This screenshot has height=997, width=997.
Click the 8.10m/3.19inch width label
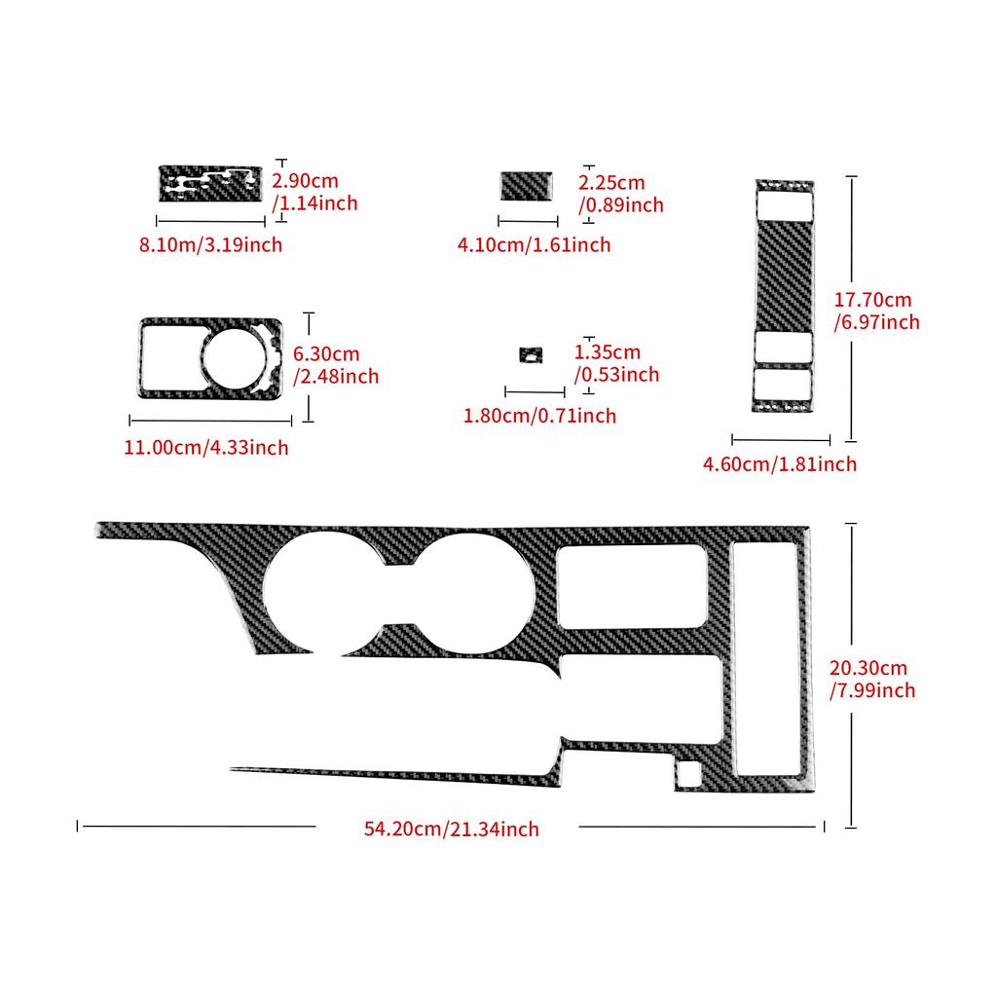tap(210, 244)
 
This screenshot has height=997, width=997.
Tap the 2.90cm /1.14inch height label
tap(314, 192)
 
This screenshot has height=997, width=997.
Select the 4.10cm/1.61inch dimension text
tap(535, 244)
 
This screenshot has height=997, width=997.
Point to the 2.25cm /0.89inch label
tap(620, 194)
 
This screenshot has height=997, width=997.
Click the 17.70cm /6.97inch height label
tap(877, 311)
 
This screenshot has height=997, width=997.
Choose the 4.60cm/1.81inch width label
tap(780, 464)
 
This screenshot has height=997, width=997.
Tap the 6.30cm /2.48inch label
tap(336, 365)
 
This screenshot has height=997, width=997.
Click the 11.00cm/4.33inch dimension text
tap(206, 448)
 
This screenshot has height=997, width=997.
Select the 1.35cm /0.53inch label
tap(616, 363)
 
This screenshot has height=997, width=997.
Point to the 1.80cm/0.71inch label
tap(539, 416)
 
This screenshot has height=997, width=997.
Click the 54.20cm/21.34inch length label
tap(452, 830)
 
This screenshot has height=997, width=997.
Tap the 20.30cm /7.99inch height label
tap(872, 679)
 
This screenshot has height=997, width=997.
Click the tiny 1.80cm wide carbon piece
tap(531, 354)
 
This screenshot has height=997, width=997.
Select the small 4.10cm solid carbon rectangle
tap(527, 186)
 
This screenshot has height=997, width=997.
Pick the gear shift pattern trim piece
tap(210, 184)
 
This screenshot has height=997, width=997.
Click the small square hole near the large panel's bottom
tap(688, 772)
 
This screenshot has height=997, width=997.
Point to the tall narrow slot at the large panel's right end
tap(765, 658)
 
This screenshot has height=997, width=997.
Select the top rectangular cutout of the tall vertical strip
tap(785, 204)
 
